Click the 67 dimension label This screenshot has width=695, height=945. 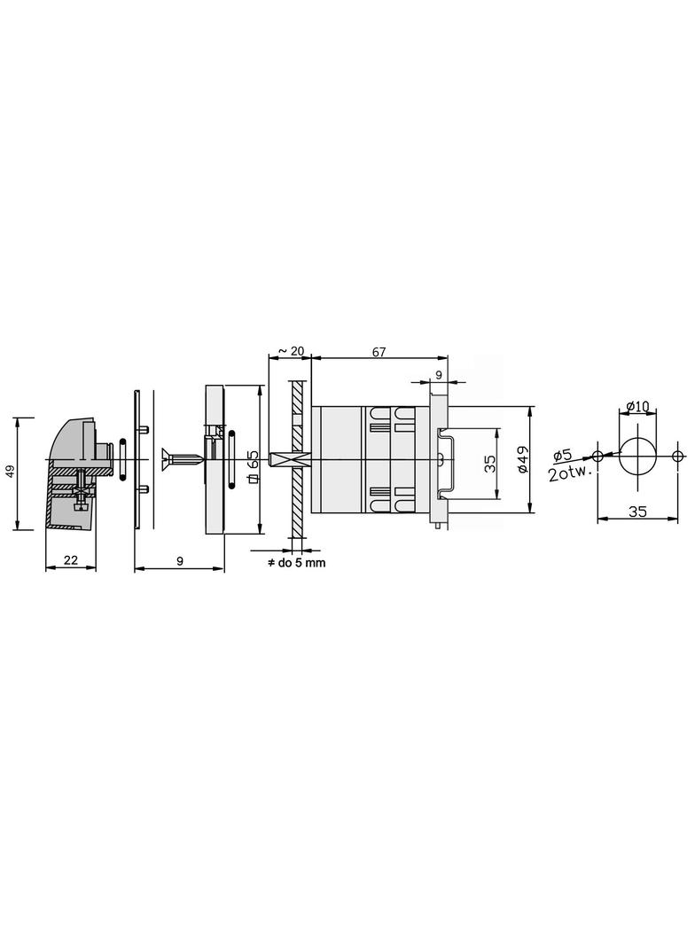click(379, 352)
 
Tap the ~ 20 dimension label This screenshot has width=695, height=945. click(291, 351)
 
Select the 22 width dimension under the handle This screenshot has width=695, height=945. click(71, 560)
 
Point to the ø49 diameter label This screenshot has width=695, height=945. click(522, 459)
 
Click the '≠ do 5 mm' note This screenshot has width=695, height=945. click(297, 563)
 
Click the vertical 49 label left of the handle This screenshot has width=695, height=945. click(10, 472)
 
